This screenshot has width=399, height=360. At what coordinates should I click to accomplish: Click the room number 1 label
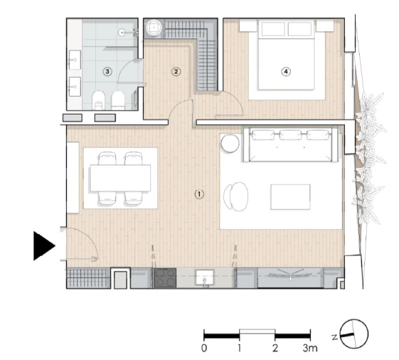click(x=200, y=194)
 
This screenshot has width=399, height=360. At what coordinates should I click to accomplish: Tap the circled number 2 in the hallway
click(x=176, y=71)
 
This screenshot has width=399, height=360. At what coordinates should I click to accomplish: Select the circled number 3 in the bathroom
click(x=107, y=71)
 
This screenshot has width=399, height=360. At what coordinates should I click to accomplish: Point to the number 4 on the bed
click(x=286, y=71)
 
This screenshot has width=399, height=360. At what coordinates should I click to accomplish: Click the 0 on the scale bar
click(x=204, y=348)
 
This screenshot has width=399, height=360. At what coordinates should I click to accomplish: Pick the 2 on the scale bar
click(x=275, y=348)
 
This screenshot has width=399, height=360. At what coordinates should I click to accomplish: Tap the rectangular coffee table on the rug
click(x=290, y=196)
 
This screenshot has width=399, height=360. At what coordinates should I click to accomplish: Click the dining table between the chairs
click(x=120, y=178)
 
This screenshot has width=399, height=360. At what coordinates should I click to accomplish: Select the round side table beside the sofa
click(x=230, y=144)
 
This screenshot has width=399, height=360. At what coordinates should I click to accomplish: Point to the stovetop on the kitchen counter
click(x=165, y=279)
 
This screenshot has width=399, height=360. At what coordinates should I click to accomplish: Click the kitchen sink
click(x=205, y=278)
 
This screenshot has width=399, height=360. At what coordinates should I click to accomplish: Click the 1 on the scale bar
click(x=240, y=348)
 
